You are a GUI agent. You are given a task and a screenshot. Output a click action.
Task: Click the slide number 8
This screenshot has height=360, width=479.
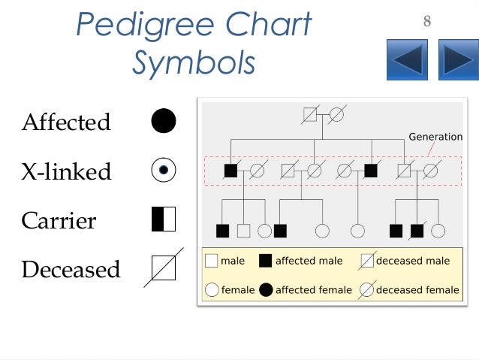coord(427,22)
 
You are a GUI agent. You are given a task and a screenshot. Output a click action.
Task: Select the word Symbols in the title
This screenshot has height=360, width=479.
coord(194,63)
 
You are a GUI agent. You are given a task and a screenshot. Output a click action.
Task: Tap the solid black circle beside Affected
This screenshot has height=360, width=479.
coord(164,121)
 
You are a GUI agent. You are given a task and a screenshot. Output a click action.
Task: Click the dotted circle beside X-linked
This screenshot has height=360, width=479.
coord(164,171)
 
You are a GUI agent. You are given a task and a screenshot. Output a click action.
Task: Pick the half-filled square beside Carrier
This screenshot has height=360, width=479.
coord(164,219)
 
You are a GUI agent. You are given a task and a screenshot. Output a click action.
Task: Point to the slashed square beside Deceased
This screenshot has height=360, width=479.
coord(164,268)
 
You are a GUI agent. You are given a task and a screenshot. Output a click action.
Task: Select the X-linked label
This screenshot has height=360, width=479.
coord(66,171)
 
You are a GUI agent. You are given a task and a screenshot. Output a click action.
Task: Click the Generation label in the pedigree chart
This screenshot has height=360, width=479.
coord(435,137)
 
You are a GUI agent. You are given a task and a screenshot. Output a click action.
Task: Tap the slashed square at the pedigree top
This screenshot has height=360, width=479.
coord(309,115)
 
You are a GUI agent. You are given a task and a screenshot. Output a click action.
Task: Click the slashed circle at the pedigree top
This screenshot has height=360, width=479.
coord(336,115)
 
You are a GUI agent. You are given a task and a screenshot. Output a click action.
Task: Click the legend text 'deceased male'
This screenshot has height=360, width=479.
coord(413,261)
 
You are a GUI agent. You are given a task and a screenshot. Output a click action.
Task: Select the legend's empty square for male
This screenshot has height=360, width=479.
coord(212,261)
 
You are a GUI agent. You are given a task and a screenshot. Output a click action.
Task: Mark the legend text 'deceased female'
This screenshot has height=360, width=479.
coord(417,289)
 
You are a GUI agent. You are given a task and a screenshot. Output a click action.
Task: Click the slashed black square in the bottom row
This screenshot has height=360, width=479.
coord(417,230)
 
